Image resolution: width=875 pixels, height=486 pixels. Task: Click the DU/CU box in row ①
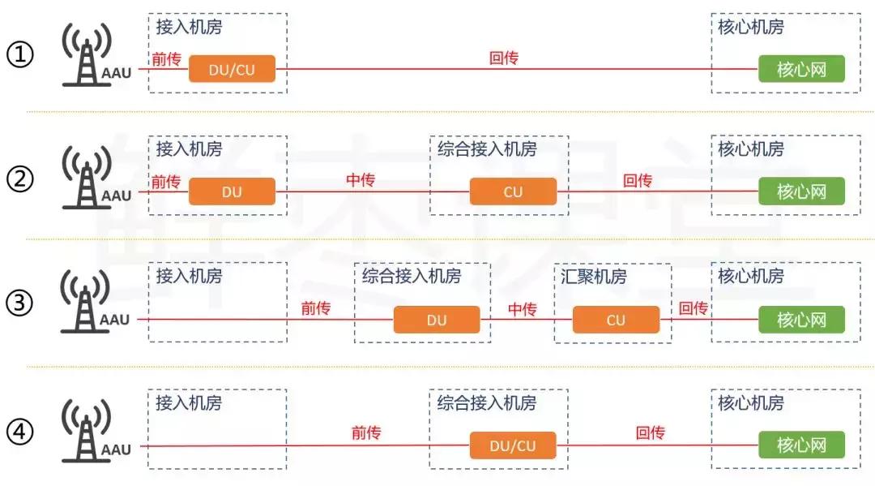[x=232, y=70]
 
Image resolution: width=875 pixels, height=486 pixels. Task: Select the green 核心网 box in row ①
[x=800, y=70]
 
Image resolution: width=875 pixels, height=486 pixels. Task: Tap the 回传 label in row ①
[x=503, y=58]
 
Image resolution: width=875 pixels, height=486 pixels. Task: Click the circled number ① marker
[x=20, y=56]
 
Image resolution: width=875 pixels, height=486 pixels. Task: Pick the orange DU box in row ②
[x=232, y=192]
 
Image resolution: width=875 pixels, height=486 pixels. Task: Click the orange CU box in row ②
[x=513, y=192]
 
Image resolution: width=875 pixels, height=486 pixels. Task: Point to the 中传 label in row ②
[x=361, y=180]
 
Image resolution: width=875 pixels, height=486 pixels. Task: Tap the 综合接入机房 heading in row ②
[x=487, y=149]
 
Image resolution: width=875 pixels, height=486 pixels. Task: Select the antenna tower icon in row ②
[x=85, y=178]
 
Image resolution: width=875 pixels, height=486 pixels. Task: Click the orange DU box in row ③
[x=437, y=320]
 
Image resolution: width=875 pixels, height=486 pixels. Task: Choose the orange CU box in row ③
[x=616, y=320]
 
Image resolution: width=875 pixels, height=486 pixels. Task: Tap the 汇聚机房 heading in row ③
[x=593, y=276]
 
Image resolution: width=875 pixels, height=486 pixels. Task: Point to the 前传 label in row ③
[x=315, y=308]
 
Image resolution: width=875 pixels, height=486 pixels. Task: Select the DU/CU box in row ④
[x=513, y=445]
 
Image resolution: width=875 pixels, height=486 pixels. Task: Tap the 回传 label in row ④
[x=650, y=433]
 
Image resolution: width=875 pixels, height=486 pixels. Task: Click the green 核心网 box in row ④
[x=800, y=445]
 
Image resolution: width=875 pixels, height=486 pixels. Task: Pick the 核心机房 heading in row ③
[x=751, y=276]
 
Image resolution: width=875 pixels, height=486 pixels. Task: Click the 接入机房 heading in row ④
[x=189, y=402]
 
